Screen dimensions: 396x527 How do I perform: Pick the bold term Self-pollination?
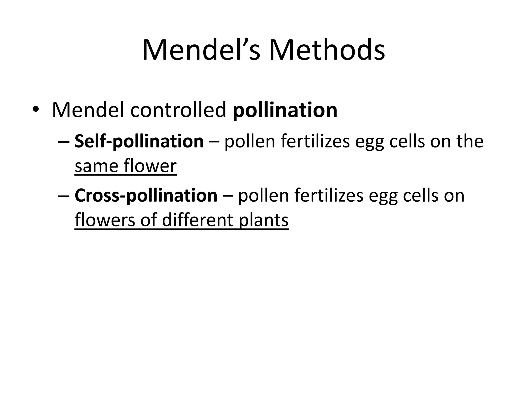point(139,142)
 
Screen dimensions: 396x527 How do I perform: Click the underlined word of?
point(149,220)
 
